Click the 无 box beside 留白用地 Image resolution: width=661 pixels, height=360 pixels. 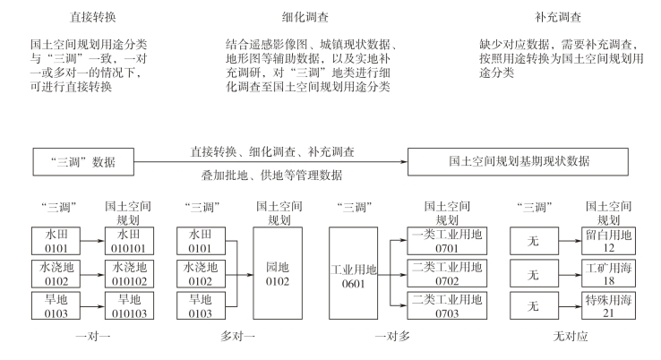[535, 241]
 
